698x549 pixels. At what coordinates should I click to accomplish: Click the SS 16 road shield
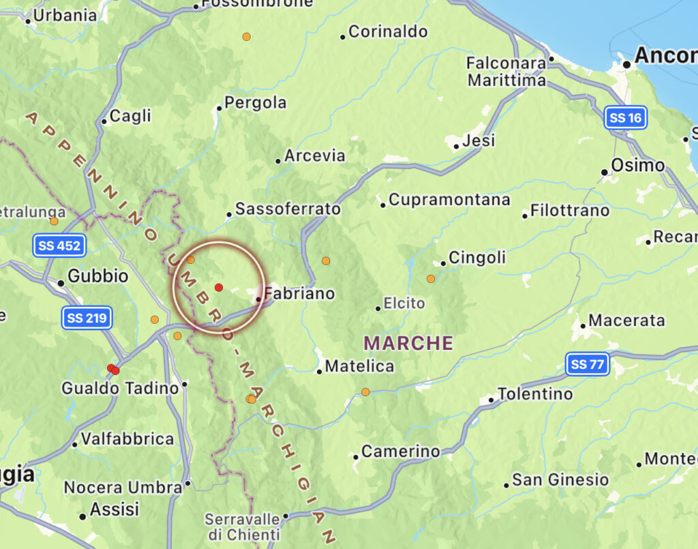[626, 118]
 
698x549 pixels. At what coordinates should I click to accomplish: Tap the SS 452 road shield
[60, 246]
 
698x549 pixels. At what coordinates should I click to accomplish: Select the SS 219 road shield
[86, 318]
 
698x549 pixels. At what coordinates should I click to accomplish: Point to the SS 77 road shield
[587, 365]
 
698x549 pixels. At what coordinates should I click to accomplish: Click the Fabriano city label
[299, 294]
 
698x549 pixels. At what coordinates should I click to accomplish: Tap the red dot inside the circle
[218, 287]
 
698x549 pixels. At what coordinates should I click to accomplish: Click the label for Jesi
[479, 141]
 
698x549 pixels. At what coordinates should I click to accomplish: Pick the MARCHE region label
[409, 342]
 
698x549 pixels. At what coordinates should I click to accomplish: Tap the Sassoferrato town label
[288, 209]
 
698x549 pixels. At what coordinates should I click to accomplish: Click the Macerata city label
[626, 321]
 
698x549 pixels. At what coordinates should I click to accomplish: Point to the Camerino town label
[401, 451]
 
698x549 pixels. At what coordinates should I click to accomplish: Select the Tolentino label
[535, 394]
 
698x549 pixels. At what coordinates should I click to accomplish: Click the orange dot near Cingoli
[431, 278]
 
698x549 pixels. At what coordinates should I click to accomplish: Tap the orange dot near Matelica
[365, 391]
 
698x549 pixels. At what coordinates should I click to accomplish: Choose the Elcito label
[404, 303]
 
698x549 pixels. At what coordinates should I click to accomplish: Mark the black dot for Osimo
[605, 172]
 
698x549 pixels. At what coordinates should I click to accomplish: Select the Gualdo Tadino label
[120, 388]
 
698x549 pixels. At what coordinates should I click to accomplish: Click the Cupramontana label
[449, 200]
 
